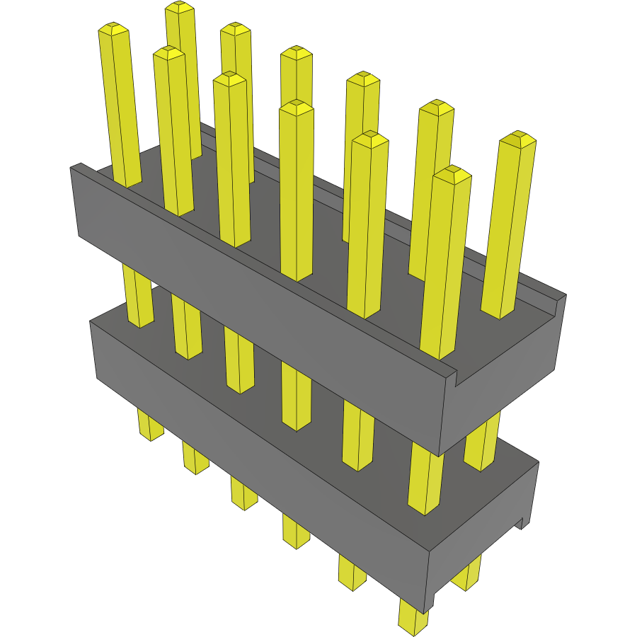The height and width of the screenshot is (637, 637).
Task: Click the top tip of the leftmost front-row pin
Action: [x=113, y=28]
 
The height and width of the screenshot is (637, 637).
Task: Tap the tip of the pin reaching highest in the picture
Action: [x=180, y=6]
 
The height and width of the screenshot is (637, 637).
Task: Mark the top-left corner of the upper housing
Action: [x=72, y=168]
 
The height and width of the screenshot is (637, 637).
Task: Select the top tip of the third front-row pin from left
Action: [x=229, y=78]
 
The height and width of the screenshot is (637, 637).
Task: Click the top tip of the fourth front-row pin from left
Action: [x=296, y=106]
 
